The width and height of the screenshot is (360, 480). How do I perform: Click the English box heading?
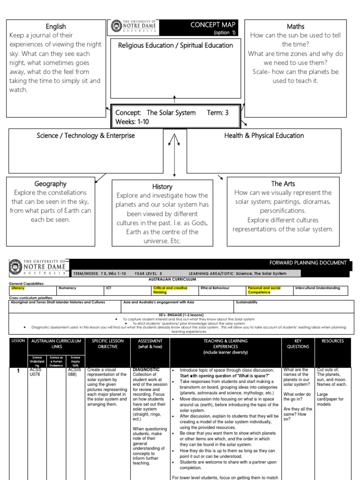[55, 27]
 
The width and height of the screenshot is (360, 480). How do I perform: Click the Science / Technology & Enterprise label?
[86, 135]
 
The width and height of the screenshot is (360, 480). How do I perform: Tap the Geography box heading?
[50, 184]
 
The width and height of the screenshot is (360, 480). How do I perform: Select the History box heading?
[162, 187]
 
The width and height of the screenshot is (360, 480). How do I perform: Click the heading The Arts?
[283, 184]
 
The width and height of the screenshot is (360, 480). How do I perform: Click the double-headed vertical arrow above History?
[174, 155]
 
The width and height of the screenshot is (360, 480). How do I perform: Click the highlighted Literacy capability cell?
[19, 288]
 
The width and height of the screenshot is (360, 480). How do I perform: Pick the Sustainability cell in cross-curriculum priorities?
[247, 302]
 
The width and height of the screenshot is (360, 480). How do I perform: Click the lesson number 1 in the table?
[17, 370]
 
